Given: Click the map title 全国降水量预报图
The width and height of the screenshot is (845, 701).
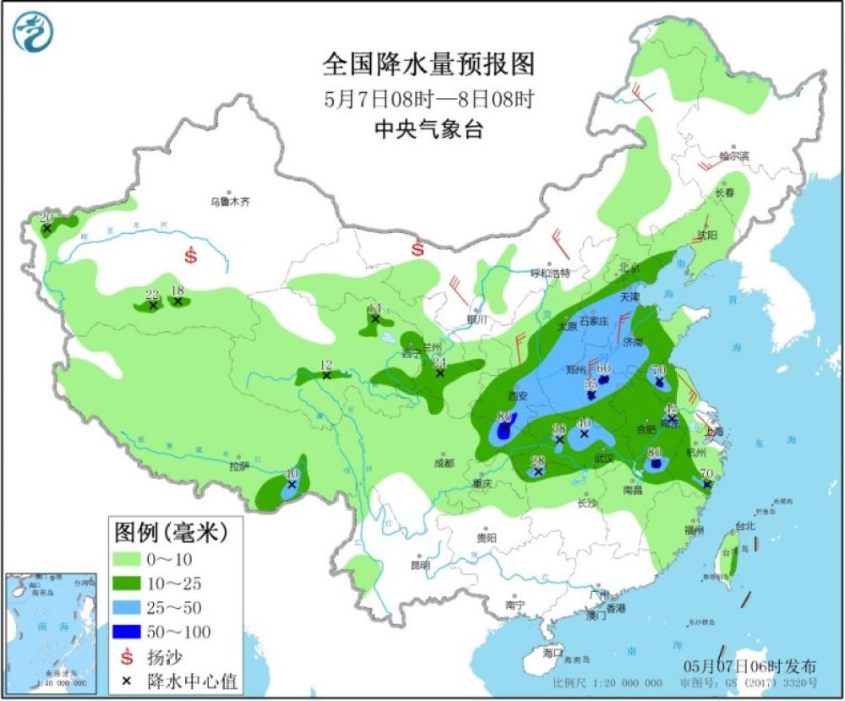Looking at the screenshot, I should coord(428,65).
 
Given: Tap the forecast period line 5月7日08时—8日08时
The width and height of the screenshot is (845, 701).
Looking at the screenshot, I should coord(428,99).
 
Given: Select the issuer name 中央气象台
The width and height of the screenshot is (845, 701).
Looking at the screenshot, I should coord(428,129).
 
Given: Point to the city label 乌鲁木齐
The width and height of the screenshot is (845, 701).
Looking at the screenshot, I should coord(231,202).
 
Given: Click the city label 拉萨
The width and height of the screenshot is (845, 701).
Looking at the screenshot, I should coord(239,465).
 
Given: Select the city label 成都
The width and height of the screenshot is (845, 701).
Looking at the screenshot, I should coord(444,463).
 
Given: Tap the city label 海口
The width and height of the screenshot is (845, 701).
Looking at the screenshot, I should coord(553,653).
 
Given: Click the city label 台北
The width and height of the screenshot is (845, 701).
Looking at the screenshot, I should coord(745,525).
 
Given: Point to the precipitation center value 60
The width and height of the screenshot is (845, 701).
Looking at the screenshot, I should coord(604,368).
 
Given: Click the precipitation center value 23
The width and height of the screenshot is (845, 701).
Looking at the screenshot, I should coord(152,295).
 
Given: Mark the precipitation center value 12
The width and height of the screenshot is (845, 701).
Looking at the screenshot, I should coord(326,365).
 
